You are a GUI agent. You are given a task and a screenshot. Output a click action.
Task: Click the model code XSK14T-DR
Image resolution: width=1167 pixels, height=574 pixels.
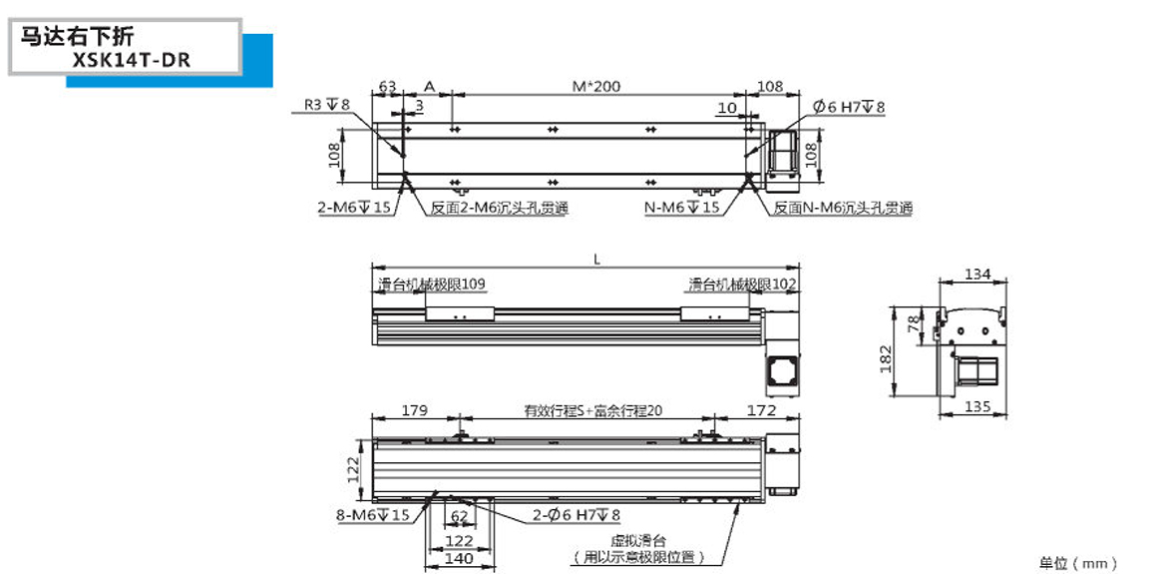click(131, 59)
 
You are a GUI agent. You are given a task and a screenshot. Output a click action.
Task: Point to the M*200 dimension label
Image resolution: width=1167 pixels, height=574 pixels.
click(596, 87)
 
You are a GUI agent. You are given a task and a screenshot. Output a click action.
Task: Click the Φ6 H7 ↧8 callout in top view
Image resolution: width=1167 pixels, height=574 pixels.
click(849, 107)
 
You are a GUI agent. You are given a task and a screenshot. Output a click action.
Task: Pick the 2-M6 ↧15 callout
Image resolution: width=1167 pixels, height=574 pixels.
click(353, 208)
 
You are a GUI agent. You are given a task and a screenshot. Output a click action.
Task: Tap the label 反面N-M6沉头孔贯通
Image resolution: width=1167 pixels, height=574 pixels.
click(843, 209)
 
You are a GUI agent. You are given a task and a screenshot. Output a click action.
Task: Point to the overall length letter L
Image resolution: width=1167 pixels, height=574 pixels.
click(596, 260)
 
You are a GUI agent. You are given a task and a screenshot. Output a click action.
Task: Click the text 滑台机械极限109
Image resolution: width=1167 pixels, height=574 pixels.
click(431, 285)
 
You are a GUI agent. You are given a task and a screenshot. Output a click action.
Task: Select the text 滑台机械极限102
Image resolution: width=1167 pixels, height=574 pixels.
click(742, 285)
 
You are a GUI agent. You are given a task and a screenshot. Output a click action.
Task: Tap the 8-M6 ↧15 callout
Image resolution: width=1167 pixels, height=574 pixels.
click(373, 515)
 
